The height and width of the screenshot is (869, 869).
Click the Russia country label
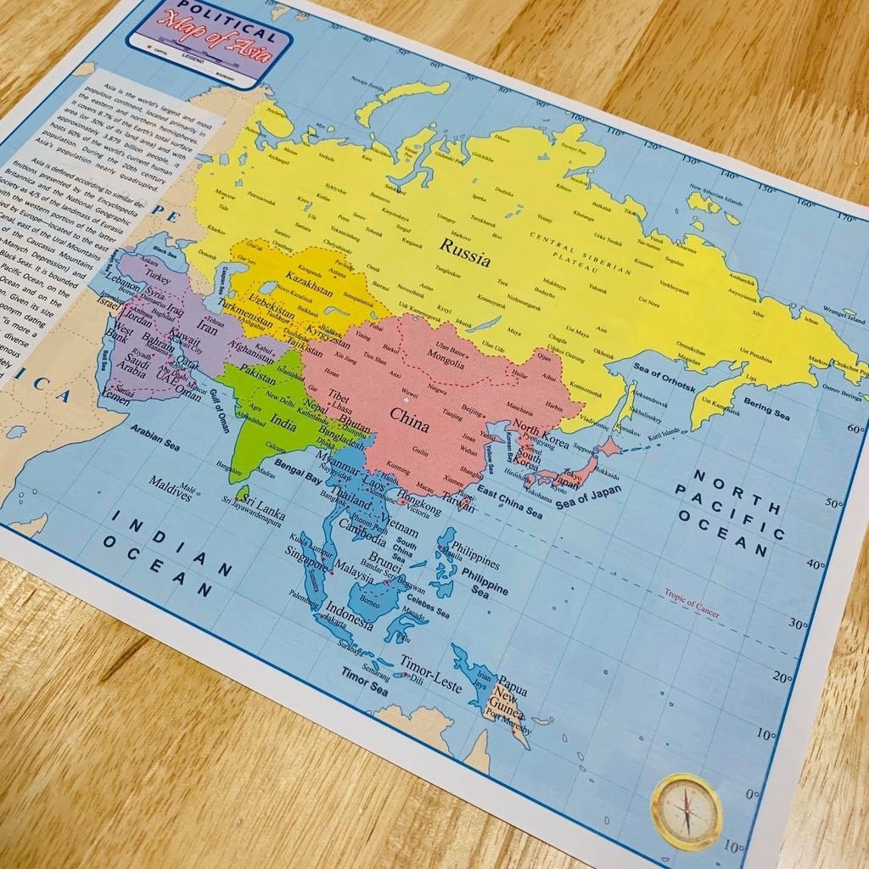coord(464,252)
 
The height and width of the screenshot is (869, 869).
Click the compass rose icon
coord(687,811)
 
